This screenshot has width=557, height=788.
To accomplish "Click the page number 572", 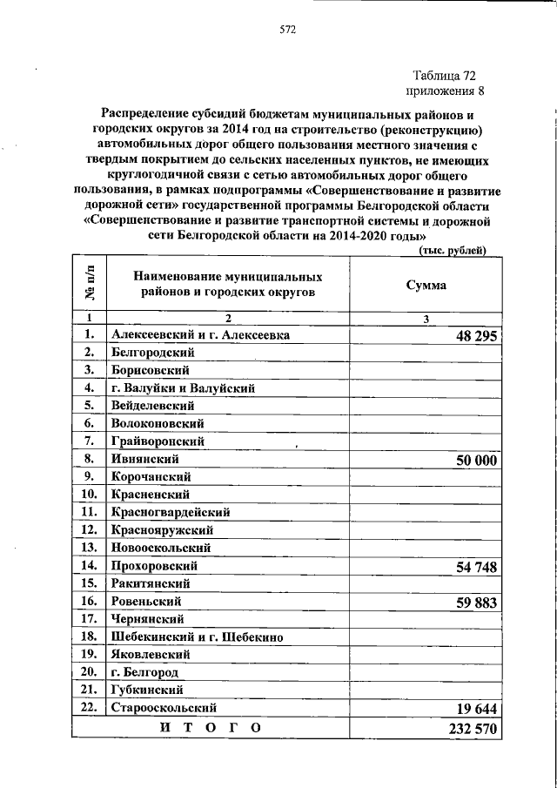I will (x=288, y=29).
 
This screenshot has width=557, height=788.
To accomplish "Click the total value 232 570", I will (x=470, y=729).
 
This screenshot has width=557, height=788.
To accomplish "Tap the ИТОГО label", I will (x=209, y=728).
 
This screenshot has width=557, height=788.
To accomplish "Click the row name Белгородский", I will (x=152, y=352).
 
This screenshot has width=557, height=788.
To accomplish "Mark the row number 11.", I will (x=89, y=512).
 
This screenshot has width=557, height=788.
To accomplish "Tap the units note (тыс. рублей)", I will (x=453, y=251).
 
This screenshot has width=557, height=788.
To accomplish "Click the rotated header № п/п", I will (x=89, y=283).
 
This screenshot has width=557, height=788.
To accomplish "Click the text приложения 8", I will (x=445, y=90).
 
